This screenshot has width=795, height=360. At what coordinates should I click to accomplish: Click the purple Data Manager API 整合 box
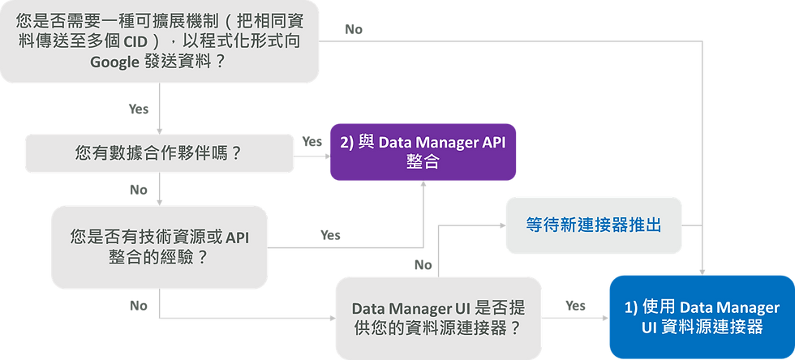[422, 152]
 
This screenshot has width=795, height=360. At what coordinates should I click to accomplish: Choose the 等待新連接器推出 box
[593, 224]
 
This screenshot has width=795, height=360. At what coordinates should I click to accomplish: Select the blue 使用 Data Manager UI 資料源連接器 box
[701, 317]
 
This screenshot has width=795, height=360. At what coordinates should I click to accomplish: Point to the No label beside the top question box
[354, 30]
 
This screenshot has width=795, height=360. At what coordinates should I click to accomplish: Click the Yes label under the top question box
[140, 108]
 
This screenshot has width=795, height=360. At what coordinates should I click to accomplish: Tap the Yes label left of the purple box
[312, 140]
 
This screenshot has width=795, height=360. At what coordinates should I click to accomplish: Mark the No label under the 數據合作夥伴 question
[140, 190]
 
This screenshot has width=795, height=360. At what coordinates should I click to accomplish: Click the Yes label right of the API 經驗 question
[330, 235]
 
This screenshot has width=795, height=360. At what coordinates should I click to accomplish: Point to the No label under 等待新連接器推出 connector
[423, 265]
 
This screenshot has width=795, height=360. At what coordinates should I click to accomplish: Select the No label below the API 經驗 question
[140, 305]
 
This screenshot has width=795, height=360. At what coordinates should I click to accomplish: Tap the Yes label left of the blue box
[575, 306]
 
